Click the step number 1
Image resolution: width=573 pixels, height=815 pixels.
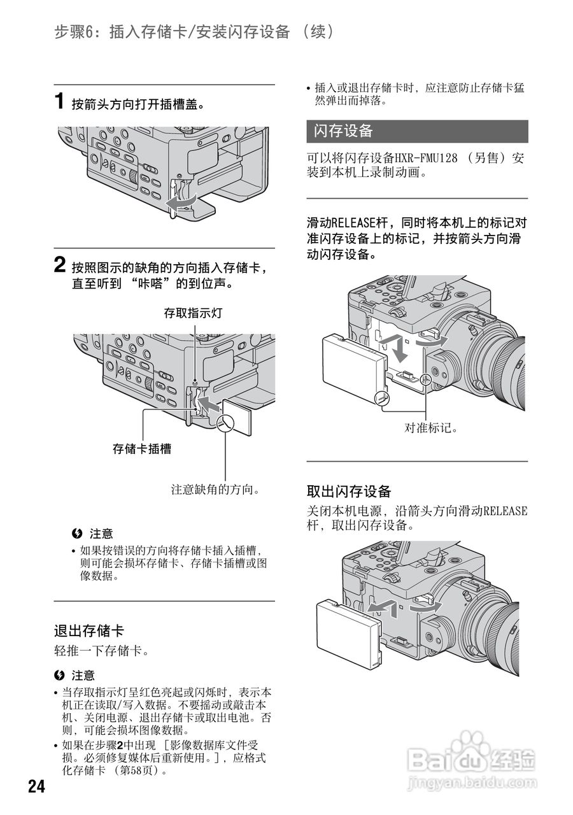click(x=59, y=102)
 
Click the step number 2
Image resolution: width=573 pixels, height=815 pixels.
click(x=59, y=266)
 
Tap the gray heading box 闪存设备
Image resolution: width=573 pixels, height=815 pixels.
click(x=417, y=131)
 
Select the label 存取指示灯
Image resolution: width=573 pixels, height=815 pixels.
click(x=193, y=313)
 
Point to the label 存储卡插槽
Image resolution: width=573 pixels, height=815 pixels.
click(x=142, y=449)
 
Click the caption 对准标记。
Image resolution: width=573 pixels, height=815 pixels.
click(x=432, y=428)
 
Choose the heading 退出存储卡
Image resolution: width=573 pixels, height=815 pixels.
click(x=88, y=631)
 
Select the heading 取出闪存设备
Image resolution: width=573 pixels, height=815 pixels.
click(x=348, y=491)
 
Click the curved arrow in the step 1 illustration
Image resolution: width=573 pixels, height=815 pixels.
click(x=180, y=201)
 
